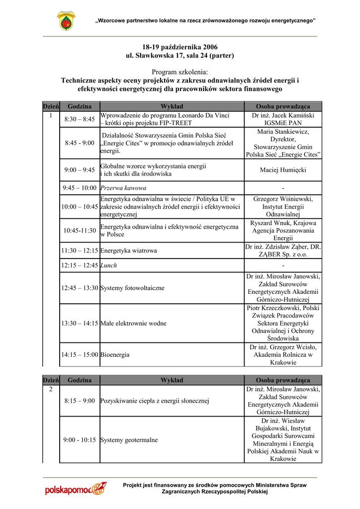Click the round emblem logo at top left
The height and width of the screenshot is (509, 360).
(66, 21)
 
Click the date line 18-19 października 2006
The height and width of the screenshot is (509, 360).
(180, 46)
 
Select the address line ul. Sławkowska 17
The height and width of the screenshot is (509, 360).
(180, 55)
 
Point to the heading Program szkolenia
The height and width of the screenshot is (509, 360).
(180, 73)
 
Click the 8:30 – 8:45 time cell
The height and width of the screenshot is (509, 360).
(80, 119)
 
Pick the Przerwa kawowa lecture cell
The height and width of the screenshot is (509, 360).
(123, 188)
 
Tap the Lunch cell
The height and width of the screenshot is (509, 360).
(109, 265)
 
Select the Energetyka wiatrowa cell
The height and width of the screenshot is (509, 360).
(129, 251)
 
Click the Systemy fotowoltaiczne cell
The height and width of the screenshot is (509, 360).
(132, 288)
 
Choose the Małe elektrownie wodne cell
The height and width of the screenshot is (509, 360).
(133, 324)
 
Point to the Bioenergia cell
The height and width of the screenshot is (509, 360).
(115, 355)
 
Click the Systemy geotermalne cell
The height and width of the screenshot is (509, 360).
(129, 440)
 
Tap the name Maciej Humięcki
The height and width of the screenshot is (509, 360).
(283, 170)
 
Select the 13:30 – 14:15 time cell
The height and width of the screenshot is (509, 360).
(80, 324)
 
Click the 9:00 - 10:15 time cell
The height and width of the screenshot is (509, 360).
(80, 440)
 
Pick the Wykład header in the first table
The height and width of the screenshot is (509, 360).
(172, 106)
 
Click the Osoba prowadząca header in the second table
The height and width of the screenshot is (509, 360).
(283, 380)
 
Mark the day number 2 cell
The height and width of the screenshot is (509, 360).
(51, 389)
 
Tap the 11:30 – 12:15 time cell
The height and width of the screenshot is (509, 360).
(80, 251)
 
